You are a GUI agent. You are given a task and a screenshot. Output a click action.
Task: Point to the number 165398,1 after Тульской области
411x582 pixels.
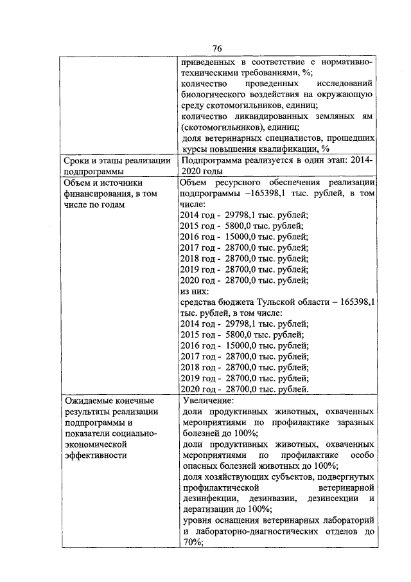[354, 301]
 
